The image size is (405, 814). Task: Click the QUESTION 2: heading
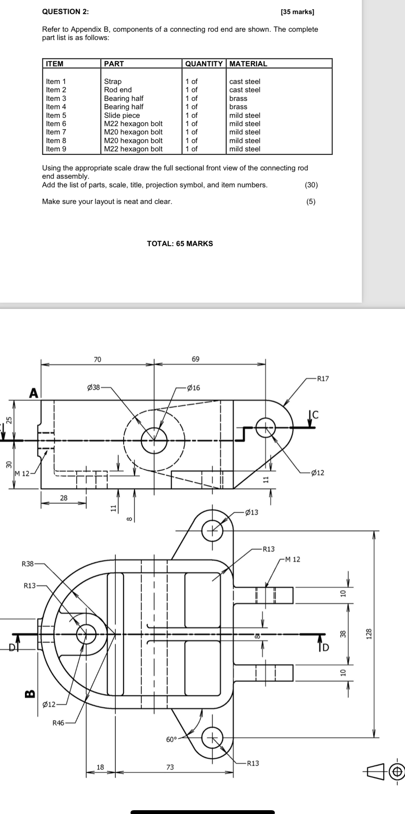point(65,12)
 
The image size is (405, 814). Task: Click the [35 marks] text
point(297,12)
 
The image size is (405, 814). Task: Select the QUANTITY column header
point(204,64)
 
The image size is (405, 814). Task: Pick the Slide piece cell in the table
point(122,115)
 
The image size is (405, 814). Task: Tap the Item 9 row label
point(56,149)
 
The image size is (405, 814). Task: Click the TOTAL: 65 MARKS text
point(180,243)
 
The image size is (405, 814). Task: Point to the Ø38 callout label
point(93,387)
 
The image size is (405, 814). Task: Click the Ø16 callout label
point(193,388)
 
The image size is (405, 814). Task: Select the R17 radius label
point(323,378)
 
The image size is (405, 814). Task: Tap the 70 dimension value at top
point(98,360)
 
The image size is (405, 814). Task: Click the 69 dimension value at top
point(196,359)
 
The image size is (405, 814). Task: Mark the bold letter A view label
point(33,393)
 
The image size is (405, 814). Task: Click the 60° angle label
point(171,739)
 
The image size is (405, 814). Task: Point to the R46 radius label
point(58,723)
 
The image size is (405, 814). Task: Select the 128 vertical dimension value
point(369,633)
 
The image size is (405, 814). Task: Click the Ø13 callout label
point(251,512)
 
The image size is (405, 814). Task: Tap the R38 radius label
point(28,564)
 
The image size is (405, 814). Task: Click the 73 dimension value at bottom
point(170,767)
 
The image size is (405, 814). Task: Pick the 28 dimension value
point(64,498)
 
